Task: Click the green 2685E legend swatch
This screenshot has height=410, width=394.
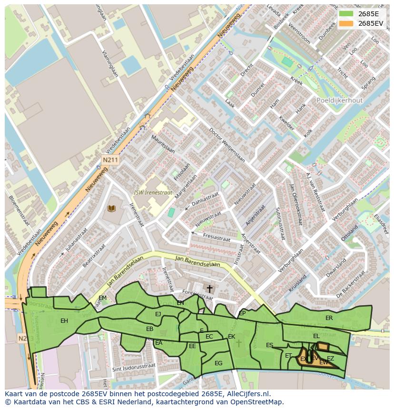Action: tap(346, 14)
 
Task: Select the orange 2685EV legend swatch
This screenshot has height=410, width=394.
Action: tap(346, 23)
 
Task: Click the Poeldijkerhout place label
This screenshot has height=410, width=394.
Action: tap(339, 100)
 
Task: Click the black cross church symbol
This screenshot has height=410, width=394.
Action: tap(209, 289)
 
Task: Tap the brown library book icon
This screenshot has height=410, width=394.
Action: tap(111, 209)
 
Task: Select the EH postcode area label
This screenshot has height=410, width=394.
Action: tap(64, 320)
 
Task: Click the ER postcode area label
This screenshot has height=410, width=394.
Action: tap(329, 318)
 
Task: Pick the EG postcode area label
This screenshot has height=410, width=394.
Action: tap(218, 363)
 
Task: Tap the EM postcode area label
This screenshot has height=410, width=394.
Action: tap(102, 298)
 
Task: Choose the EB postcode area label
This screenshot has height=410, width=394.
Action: tap(149, 329)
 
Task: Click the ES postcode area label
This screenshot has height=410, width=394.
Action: tap(269, 345)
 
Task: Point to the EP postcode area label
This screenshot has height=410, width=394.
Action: tap(242, 313)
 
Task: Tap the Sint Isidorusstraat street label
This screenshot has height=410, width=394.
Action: tap(134, 368)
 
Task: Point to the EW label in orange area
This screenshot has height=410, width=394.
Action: tap(324, 363)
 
